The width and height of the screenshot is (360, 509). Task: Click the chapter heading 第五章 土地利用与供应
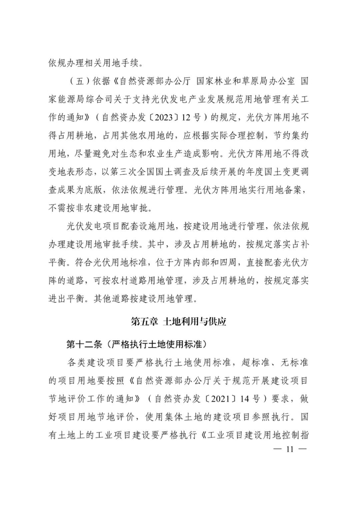click(x=179, y=322)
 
